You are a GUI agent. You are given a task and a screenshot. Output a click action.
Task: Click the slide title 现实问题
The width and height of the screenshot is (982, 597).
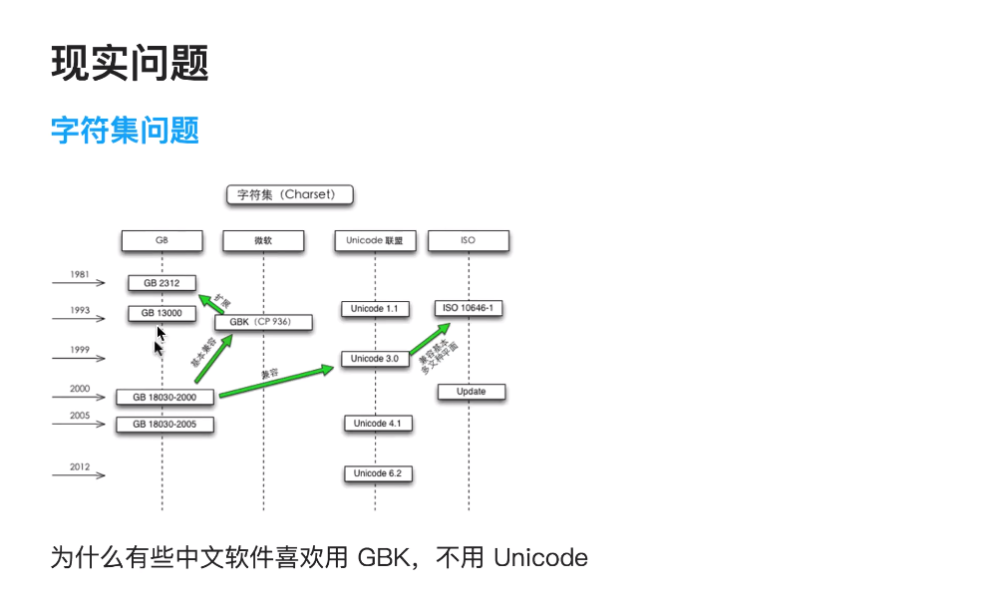tap(130, 64)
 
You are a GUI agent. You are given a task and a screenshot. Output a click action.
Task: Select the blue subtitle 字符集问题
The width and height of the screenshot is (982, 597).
tap(125, 130)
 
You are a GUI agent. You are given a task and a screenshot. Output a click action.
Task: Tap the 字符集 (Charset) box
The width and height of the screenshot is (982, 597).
tap(290, 194)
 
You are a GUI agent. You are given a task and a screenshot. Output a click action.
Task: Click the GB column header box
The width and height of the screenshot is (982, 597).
tap(162, 241)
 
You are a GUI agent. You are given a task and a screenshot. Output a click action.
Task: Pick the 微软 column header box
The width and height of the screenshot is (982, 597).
tap(263, 241)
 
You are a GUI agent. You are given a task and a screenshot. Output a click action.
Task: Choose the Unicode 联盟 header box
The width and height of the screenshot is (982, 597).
tap(375, 241)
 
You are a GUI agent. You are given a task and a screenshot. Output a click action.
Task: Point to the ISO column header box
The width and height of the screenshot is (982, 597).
tap(469, 241)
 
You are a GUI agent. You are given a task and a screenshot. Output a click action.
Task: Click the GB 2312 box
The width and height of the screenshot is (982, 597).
tap(162, 283)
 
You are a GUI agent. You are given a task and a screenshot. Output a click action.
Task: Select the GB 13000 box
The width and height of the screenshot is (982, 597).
tap(162, 313)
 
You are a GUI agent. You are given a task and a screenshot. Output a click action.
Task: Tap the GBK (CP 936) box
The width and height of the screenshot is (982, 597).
tap(264, 322)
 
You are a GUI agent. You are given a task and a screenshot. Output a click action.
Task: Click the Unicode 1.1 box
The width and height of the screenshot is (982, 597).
tap(375, 309)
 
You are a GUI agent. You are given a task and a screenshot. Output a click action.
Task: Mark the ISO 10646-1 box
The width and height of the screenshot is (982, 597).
tap(469, 308)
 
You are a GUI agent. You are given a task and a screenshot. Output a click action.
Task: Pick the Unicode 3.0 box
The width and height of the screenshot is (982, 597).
tap(375, 358)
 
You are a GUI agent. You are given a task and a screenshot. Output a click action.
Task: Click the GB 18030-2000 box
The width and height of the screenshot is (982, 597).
tap(164, 397)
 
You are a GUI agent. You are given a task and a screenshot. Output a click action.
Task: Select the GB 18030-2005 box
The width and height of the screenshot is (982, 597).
tap(164, 424)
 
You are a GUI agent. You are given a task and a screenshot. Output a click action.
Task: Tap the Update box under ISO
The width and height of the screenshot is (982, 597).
tap(472, 392)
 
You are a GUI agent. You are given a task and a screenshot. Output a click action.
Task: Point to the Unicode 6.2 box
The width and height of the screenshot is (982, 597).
tap(378, 473)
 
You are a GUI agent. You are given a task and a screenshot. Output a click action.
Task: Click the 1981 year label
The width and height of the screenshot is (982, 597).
tap(81, 274)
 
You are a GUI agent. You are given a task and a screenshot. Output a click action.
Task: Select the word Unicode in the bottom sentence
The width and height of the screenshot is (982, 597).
tap(540, 557)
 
